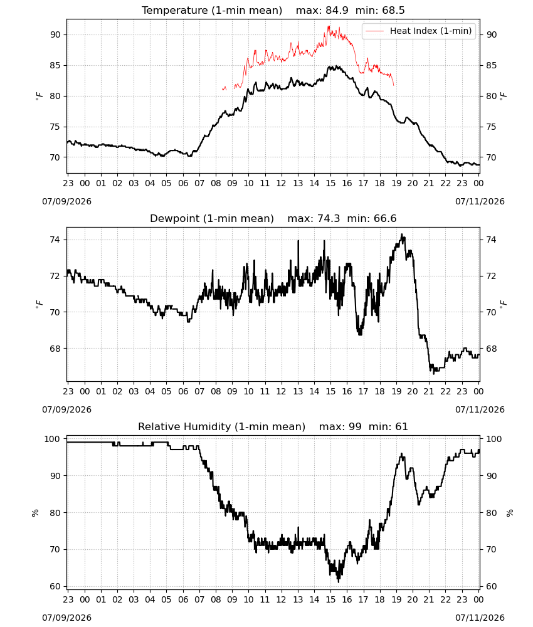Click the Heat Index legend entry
(x=419, y=31)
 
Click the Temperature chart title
(x=212, y=11)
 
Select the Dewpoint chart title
(x=212, y=219)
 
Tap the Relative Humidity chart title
(x=221, y=426)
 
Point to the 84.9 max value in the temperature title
(x=337, y=11)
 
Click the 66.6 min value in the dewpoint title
(x=385, y=219)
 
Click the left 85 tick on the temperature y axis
(x=55, y=65)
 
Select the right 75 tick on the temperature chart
(x=492, y=127)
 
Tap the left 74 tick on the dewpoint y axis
(x=55, y=240)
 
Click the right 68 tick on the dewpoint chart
(x=492, y=349)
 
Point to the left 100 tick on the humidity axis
(x=53, y=439)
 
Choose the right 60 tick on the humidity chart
(x=492, y=586)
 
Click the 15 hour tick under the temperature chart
(x=330, y=183)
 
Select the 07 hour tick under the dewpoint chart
(x=199, y=391)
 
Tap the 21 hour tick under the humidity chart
(x=429, y=599)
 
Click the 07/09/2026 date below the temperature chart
(x=66, y=201)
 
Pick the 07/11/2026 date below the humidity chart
(x=480, y=618)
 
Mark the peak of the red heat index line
(x=329, y=26)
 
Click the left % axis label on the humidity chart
(x=35, y=513)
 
